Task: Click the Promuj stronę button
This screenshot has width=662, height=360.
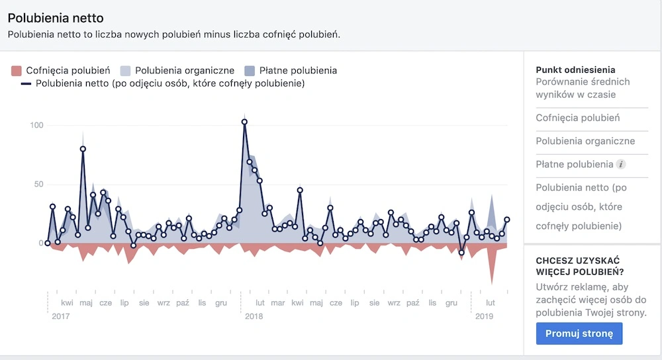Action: pyautogui.click(x=579, y=334)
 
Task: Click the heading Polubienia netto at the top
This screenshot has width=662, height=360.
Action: pyautogui.click(x=56, y=18)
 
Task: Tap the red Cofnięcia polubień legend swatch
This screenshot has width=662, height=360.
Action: pyautogui.click(x=17, y=70)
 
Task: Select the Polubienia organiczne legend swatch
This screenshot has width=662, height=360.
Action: pyautogui.click(x=124, y=70)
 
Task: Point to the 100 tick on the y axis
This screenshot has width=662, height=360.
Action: pyautogui.click(x=36, y=125)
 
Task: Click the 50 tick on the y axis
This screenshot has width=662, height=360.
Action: pyautogui.click(x=38, y=184)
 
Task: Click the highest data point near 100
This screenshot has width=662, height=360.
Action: pyautogui.click(x=244, y=122)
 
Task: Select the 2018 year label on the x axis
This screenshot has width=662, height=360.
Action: pyautogui.click(x=254, y=316)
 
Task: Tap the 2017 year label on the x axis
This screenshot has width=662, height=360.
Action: pyautogui.click(x=60, y=316)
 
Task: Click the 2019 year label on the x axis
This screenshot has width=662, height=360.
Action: pyautogui.click(x=485, y=316)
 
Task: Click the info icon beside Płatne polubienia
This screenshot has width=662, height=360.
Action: pyautogui.click(x=620, y=164)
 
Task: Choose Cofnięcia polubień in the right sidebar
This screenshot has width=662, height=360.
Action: pyautogui.click(x=577, y=118)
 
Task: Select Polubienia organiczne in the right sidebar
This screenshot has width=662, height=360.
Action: pyautogui.click(x=585, y=141)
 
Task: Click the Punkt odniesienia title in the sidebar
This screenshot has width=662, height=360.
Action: pyautogui.click(x=575, y=69)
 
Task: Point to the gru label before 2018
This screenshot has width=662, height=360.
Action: pyautogui.click(x=221, y=303)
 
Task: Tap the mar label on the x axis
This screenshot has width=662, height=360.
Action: pyautogui.click(x=278, y=303)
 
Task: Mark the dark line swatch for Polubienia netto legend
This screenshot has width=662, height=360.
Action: pyautogui.click(x=26, y=84)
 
